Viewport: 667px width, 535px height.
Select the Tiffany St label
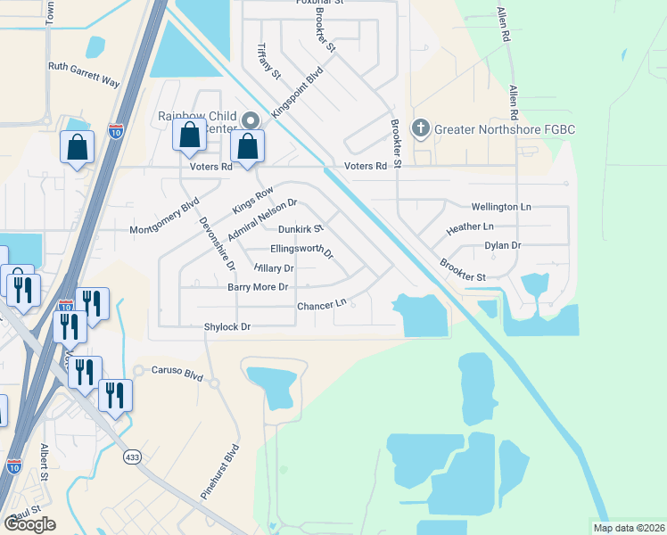tap(268, 61)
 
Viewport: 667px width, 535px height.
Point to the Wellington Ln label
tap(500, 207)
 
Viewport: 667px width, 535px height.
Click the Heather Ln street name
tap(469, 227)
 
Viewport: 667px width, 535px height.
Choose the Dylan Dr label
tap(502, 245)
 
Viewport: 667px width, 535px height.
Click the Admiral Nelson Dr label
tap(261, 219)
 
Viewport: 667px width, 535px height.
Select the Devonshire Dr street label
tap(217, 243)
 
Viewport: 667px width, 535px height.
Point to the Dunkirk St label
tap(301, 229)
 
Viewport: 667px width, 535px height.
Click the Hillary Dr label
tap(273, 267)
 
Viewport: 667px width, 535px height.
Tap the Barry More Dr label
tap(258, 287)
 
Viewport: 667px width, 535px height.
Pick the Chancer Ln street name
tap(321, 305)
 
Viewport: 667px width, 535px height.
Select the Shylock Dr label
tap(227, 327)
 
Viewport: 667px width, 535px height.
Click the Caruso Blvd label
tap(171, 369)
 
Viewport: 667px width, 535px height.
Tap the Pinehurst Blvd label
tap(233, 470)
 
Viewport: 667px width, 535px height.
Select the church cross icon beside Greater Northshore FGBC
tap(421, 129)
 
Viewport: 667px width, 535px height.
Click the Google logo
tap(29, 524)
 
